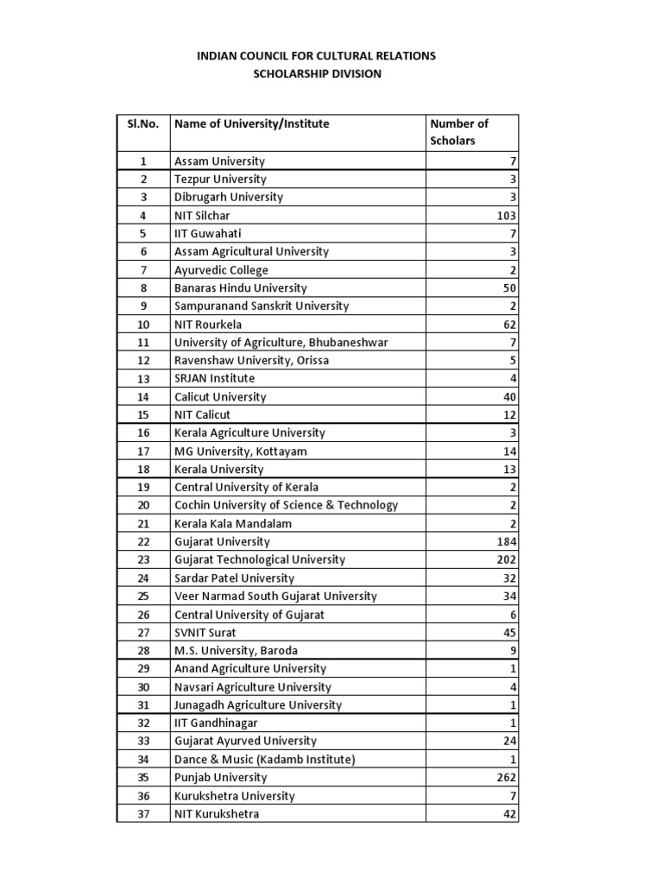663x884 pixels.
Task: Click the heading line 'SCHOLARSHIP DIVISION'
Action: pos(317,74)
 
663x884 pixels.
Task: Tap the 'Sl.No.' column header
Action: pos(142,123)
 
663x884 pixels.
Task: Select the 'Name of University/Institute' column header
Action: pos(252,123)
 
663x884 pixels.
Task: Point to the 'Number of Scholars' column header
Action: pos(459,132)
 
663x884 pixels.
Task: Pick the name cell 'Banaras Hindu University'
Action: pos(241,288)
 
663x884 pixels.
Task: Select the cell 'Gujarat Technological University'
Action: pos(260,559)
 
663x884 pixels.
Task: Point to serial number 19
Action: pos(143,488)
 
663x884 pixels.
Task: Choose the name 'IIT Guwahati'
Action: pos(208,234)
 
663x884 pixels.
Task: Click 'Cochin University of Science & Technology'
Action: pos(287,506)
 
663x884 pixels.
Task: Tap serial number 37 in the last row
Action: pos(143,814)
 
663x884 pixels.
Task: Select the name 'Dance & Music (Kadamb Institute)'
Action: pos(265,760)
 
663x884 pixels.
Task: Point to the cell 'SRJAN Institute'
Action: pos(215,379)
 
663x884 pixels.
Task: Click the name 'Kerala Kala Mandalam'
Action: pos(233,524)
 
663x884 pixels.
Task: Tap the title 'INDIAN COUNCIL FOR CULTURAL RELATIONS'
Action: pos(317,55)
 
